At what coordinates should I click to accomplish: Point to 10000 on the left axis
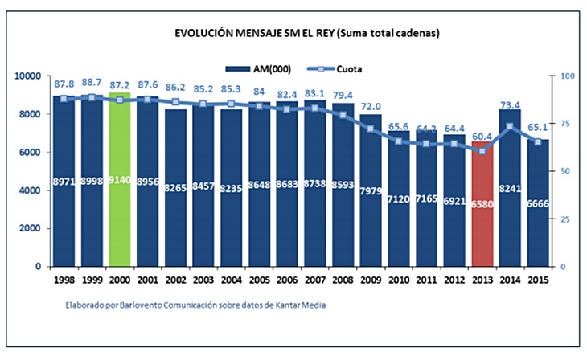click(x=28, y=76)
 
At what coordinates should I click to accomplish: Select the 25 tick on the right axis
click(x=566, y=219)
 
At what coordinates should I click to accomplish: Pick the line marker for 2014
click(x=510, y=127)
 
